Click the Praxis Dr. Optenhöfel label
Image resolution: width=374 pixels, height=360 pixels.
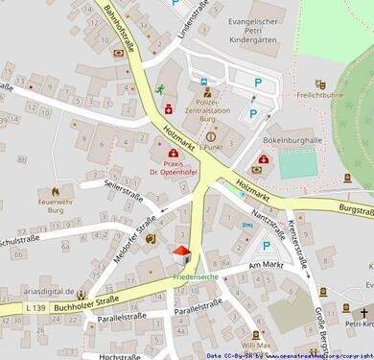[x=174, y=165]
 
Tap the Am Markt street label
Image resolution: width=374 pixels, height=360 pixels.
[x=267, y=264]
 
